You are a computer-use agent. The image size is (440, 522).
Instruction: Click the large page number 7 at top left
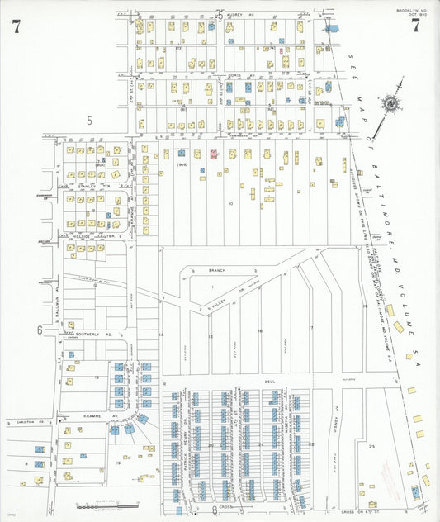17,26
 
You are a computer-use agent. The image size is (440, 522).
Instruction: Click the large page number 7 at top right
415,26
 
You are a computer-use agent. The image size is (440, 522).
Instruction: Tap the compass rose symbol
388,105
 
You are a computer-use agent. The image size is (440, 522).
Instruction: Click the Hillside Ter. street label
88,235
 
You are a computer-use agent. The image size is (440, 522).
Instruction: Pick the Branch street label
216,270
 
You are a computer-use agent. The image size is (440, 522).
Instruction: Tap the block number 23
371,446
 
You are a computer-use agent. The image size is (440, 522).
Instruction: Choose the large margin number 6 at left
39,330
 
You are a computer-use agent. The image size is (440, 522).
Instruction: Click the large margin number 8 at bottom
214,510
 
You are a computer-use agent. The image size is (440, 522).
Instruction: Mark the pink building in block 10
213,154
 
